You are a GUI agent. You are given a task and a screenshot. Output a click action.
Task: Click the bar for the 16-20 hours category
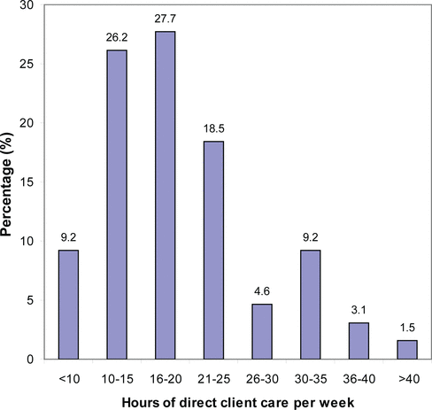[x=166, y=195]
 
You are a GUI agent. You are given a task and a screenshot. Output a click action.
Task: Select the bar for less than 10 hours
[x=68, y=305]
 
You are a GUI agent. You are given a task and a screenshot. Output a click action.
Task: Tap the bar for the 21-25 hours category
[x=213, y=251]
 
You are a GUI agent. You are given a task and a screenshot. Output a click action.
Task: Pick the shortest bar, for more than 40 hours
[x=407, y=350]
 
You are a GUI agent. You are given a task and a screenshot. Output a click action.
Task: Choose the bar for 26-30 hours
[x=262, y=331]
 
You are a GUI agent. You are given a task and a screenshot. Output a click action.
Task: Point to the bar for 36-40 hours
[x=359, y=341]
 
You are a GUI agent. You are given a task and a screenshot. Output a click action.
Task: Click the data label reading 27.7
[x=166, y=19]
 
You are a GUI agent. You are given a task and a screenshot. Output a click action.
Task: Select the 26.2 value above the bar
[x=117, y=37]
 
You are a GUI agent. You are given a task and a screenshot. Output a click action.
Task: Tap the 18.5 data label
[x=213, y=128]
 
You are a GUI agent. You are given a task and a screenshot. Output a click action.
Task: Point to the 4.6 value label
[x=262, y=291]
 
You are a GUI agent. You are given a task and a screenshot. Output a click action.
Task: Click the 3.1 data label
[x=359, y=310]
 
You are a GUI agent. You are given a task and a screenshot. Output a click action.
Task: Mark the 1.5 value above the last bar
[x=407, y=328]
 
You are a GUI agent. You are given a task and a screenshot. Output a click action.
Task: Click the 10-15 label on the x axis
[x=117, y=379]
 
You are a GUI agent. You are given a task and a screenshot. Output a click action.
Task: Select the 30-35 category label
[x=311, y=379]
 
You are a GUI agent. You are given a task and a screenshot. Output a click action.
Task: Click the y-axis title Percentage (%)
[x=6, y=184]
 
